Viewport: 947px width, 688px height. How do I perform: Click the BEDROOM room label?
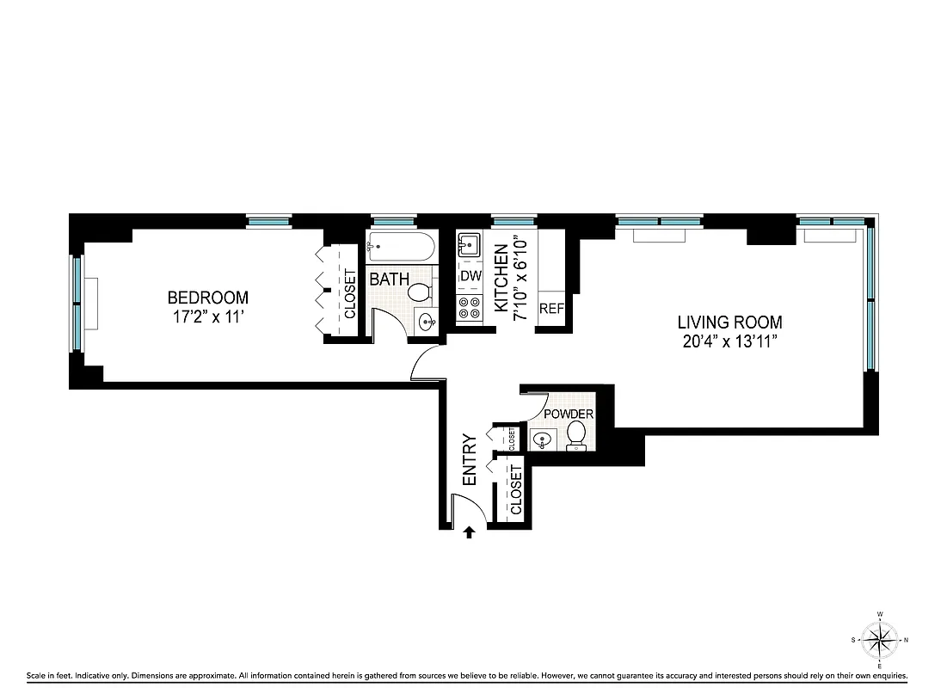207,298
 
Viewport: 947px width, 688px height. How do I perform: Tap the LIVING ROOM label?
729,322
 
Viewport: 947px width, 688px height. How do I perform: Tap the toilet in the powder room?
577,434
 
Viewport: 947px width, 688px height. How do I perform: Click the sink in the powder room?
540,440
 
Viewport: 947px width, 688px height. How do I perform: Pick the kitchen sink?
470,245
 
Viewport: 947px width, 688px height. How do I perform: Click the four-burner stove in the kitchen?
470,307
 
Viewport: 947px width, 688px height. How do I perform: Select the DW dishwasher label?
470,276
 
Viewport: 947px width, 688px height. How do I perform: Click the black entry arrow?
469,532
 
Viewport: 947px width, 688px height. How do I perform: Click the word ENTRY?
470,460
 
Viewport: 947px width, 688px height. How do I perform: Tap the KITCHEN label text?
500,279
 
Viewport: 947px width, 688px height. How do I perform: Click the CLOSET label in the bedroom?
350,294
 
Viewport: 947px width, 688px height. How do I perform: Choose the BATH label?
389,279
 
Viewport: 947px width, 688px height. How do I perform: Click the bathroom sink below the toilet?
427,322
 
